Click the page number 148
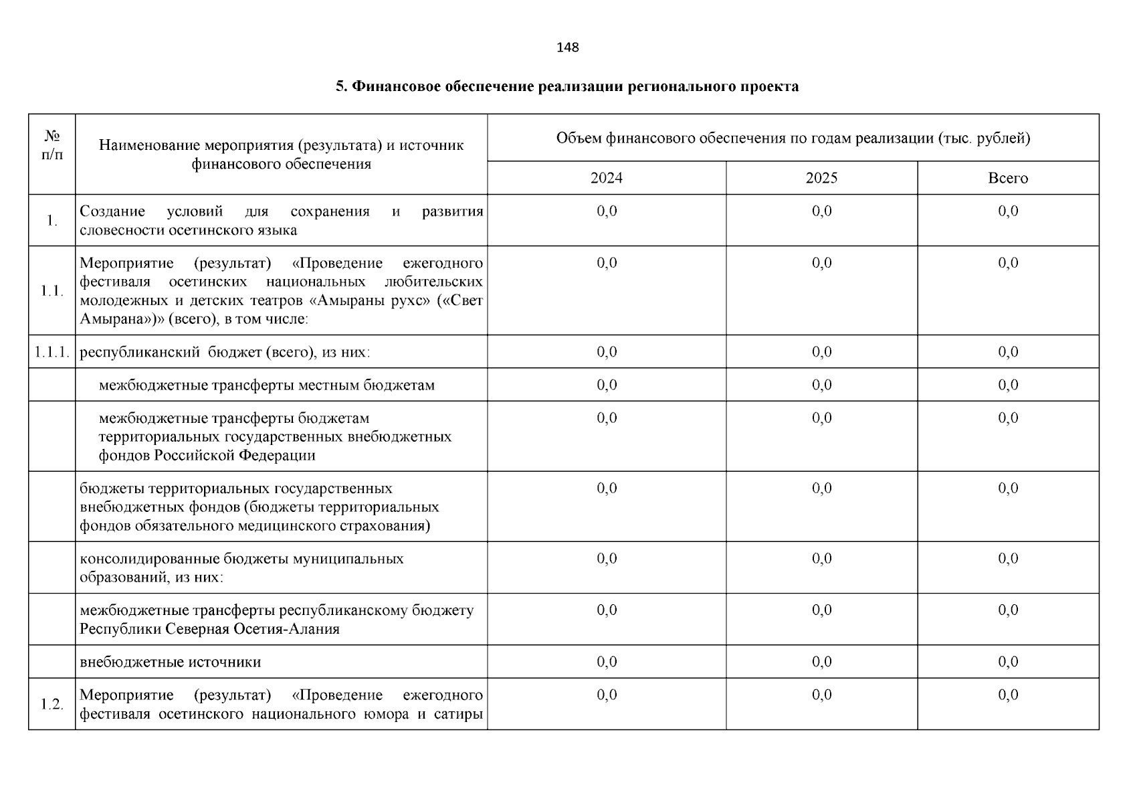567,48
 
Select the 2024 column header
606,178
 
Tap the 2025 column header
821,178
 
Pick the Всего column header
1008,178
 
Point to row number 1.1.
52,291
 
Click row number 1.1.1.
52,353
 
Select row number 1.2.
52,705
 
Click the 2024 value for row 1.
607,211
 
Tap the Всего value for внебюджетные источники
1008,662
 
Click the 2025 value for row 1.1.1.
821,353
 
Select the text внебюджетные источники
171,662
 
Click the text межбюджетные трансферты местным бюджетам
266,385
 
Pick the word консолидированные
150,559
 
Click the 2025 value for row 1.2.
821,695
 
